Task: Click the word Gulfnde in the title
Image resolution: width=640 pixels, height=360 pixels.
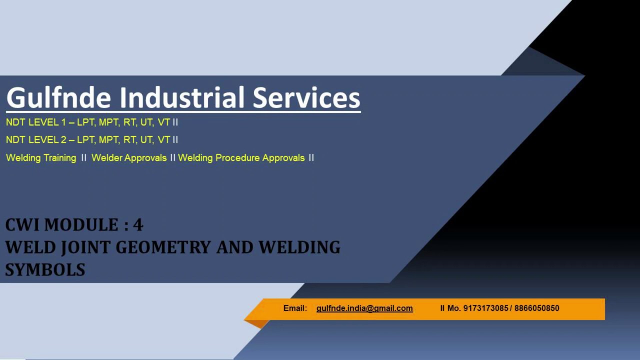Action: coord(58,97)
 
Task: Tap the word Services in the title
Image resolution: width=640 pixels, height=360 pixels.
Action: coord(306,97)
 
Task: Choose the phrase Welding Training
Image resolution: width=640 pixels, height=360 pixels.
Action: coord(41,158)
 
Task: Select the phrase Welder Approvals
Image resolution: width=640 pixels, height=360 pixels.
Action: coord(129,158)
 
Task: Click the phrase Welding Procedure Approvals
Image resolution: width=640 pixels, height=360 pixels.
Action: coord(241,158)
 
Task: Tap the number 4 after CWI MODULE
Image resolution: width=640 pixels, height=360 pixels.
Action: coord(138,225)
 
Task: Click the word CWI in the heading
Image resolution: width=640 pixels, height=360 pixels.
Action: coord(22,225)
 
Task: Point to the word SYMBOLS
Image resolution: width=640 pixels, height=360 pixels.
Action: coord(45,270)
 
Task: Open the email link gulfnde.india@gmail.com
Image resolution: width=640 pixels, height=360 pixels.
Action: coord(364,308)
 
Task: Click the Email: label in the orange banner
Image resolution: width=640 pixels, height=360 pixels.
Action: coord(295,308)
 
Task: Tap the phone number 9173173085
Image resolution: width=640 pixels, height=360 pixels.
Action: coord(485,308)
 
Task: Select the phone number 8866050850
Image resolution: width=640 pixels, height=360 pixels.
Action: coord(536,308)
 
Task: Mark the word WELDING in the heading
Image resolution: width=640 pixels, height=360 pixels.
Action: coord(299,247)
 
